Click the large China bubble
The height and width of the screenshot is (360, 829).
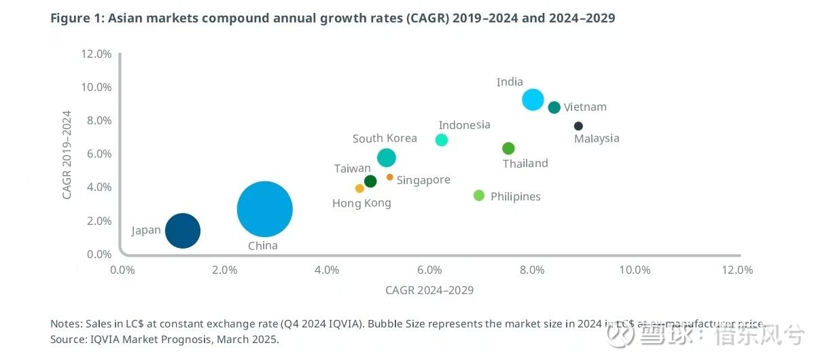click(x=265, y=209)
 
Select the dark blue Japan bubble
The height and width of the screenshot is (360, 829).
click(x=183, y=230)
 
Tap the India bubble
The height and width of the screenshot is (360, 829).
click(x=533, y=99)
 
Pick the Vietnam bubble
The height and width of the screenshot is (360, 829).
click(x=554, y=107)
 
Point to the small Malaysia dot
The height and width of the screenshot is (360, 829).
click(x=578, y=126)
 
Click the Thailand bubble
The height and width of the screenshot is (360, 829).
click(x=508, y=148)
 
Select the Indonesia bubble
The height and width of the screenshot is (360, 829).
click(x=442, y=140)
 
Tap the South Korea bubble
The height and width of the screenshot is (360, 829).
click(x=386, y=158)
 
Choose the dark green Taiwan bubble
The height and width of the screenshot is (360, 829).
click(x=370, y=181)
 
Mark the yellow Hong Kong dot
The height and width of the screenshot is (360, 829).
click(x=359, y=188)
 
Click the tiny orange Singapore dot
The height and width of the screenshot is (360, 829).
click(x=389, y=177)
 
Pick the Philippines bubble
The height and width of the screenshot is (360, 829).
click(x=479, y=196)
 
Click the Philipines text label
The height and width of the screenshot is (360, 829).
click(x=516, y=196)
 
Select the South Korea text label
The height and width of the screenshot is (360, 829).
click(x=385, y=139)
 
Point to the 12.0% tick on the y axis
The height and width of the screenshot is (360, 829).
click(x=96, y=54)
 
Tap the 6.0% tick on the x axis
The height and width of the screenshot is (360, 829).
click(x=429, y=270)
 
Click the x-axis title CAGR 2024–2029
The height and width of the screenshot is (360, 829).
click(x=429, y=290)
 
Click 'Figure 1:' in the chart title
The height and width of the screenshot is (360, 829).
click(x=77, y=18)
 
